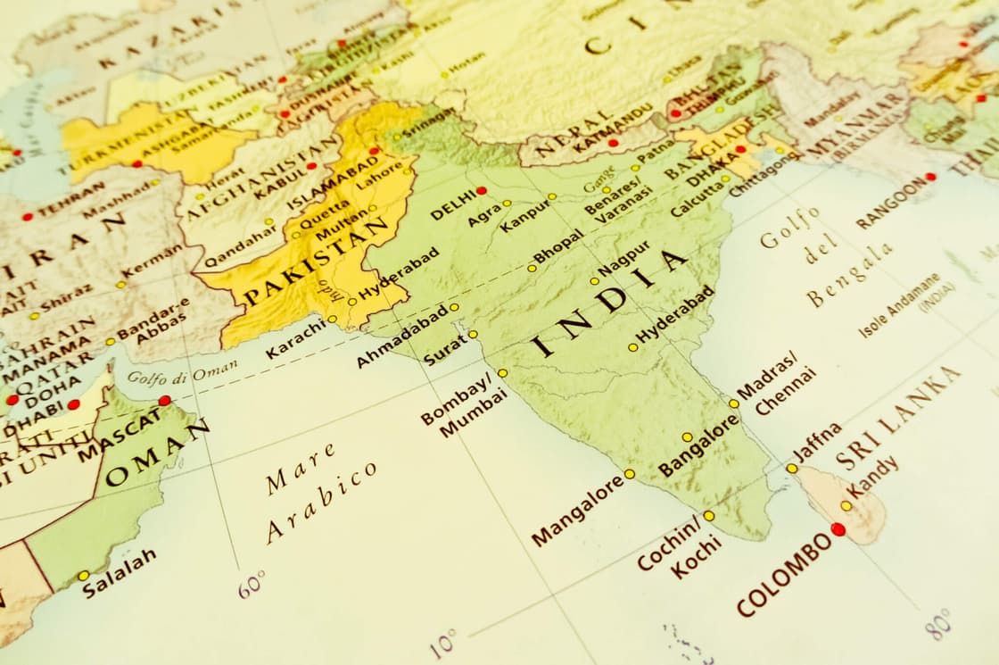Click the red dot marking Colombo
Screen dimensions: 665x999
point(838,529)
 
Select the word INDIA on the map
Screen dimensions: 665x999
point(612,301)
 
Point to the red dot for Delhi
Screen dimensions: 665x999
point(482,190)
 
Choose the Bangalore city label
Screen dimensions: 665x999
point(698,445)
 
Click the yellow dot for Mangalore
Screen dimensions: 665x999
point(629,474)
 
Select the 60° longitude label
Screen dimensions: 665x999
point(252,584)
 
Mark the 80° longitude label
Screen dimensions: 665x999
point(937,624)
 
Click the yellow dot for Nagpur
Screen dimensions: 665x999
point(594,281)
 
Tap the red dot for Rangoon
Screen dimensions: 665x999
point(930,177)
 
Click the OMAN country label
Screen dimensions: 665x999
point(157,454)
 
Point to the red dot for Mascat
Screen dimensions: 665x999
point(164,401)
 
